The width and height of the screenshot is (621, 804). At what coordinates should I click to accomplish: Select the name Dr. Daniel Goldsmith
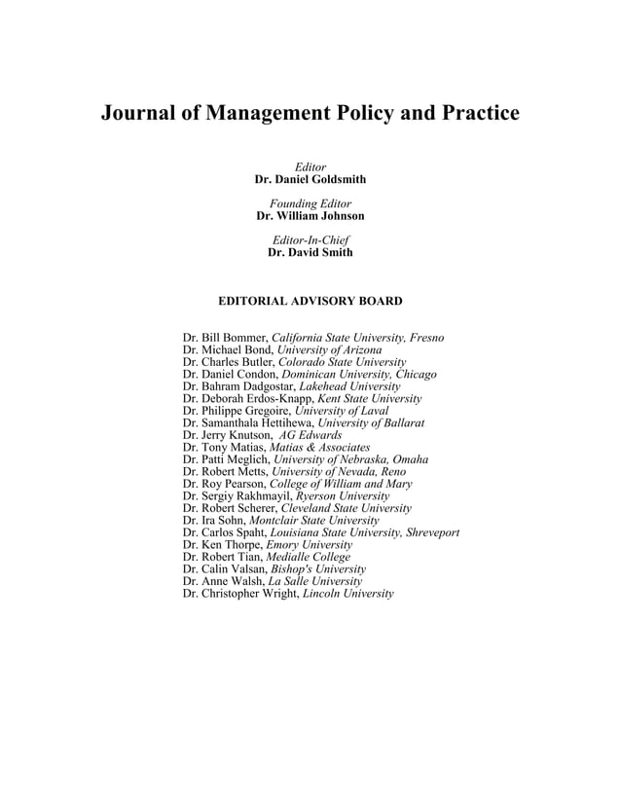310,180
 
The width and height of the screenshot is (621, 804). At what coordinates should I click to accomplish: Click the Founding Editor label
310,203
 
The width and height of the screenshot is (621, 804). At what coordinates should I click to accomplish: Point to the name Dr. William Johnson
310,216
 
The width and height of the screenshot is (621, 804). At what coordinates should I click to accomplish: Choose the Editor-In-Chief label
310,239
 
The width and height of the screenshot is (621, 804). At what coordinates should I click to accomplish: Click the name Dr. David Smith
310,252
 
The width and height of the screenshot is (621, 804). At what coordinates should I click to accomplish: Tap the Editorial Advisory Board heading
310,302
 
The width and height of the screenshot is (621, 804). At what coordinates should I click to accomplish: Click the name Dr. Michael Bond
227,349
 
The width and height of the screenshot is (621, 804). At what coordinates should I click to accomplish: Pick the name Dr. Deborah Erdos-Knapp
248,399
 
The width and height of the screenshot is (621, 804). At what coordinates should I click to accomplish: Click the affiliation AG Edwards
310,435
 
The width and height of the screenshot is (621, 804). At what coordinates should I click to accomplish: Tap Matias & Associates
322,448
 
